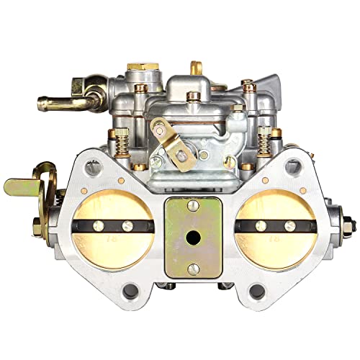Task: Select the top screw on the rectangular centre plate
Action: [194, 206]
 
